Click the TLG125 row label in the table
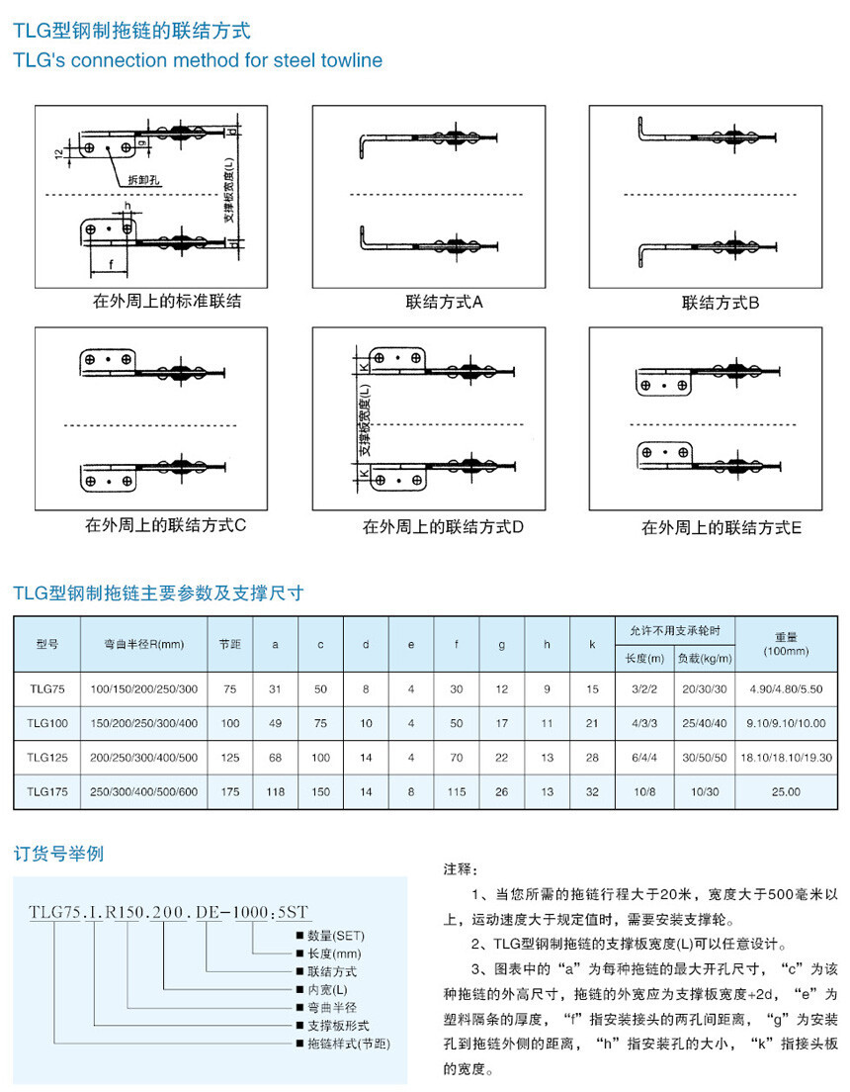click(x=47, y=758)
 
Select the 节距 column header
click(x=230, y=644)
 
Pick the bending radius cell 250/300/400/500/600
click(x=144, y=791)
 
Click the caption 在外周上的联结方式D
click(x=443, y=527)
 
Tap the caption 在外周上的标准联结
click(x=167, y=301)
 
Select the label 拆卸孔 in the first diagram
click(x=143, y=180)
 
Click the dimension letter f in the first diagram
click(x=111, y=264)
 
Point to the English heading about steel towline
click(x=198, y=60)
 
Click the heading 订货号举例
click(x=58, y=854)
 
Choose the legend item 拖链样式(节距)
click(x=341, y=1044)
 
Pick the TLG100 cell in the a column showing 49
click(x=275, y=723)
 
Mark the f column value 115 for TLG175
click(x=457, y=791)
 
